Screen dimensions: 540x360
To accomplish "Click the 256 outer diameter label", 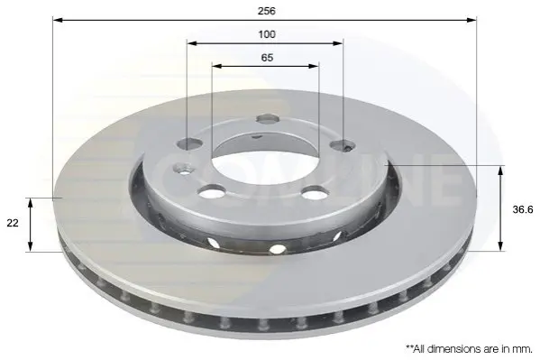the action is click(x=267, y=11).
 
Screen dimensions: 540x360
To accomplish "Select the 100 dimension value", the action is click(x=267, y=34).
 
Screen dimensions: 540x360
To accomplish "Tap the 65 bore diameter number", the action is click(x=267, y=58).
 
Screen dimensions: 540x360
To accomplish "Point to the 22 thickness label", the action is click(x=13, y=223).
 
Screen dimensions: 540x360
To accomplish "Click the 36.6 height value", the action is click(x=523, y=209).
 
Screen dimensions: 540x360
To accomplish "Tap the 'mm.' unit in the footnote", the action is click(x=524, y=349).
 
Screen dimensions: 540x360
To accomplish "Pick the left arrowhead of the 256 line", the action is click(x=58, y=20).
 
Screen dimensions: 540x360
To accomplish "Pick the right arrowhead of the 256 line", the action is click(x=471, y=20).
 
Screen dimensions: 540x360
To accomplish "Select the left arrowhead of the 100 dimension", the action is click(x=192, y=43).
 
